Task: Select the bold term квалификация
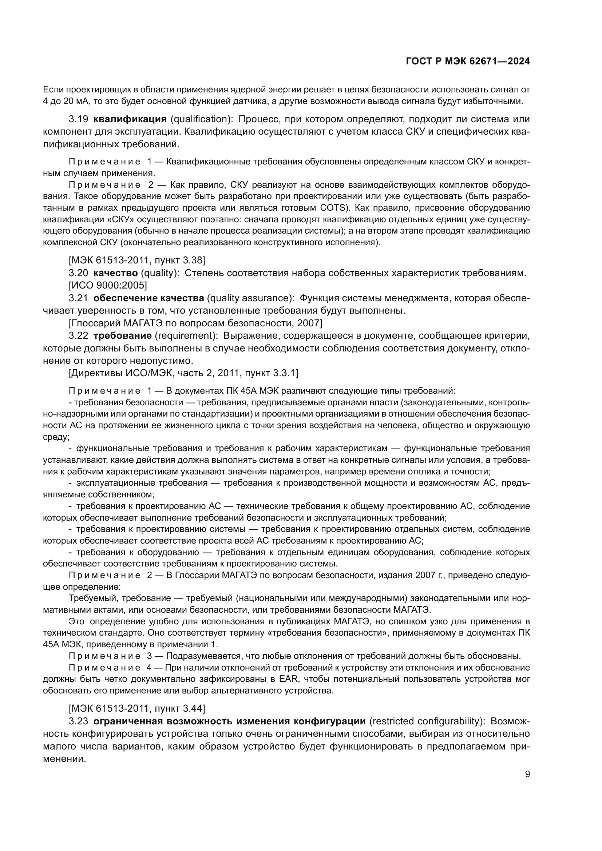point(130,119)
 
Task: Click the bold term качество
point(115,273)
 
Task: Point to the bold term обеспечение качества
point(148,298)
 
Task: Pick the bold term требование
point(122,335)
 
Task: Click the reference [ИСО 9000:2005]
point(108,285)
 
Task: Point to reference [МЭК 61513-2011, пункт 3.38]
point(137,260)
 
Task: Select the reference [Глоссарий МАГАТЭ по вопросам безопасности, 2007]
point(195,323)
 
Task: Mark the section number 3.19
point(78,119)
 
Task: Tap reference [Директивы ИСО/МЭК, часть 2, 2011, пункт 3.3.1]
point(183,373)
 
